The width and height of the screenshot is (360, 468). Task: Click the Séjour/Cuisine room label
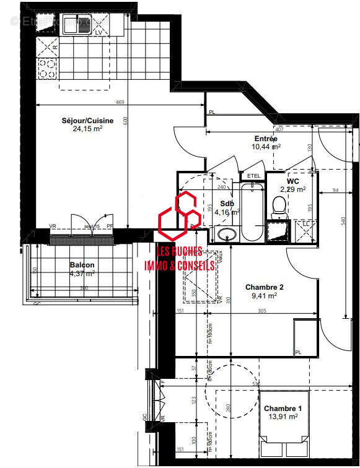(x=87, y=121)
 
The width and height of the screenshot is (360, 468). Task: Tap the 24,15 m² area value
(x=87, y=129)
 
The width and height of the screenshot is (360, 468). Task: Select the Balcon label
(x=82, y=265)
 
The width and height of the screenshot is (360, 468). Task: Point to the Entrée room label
(x=266, y=139)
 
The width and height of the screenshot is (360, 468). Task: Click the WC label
(x=293, y=181)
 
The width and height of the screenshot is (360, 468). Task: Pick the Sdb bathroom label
(x=227, y=204)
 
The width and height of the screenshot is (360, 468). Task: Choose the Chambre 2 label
(x=265, y=287)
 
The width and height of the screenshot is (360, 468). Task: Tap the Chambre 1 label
(x=283, y=409)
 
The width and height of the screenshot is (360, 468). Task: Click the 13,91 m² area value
(x=283, y=417)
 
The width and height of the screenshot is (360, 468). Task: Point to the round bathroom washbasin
(x=225, y=235)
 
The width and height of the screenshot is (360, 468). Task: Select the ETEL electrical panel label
(x=254, y=176)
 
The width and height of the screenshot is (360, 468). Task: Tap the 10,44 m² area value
(x=266, y=147)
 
